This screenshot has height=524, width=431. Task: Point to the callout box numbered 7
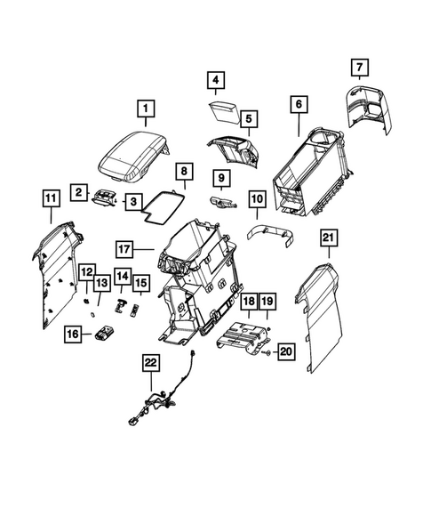click(359, 67)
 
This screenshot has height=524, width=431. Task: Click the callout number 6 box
click(298, 105)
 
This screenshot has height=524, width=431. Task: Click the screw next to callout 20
click(266, 353)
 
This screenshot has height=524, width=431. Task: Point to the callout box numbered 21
click(328, 237)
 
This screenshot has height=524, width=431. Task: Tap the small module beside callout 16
click(107, 335)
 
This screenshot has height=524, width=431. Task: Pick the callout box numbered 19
click(267, 302)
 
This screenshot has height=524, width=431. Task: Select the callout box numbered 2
click(80, 191)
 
